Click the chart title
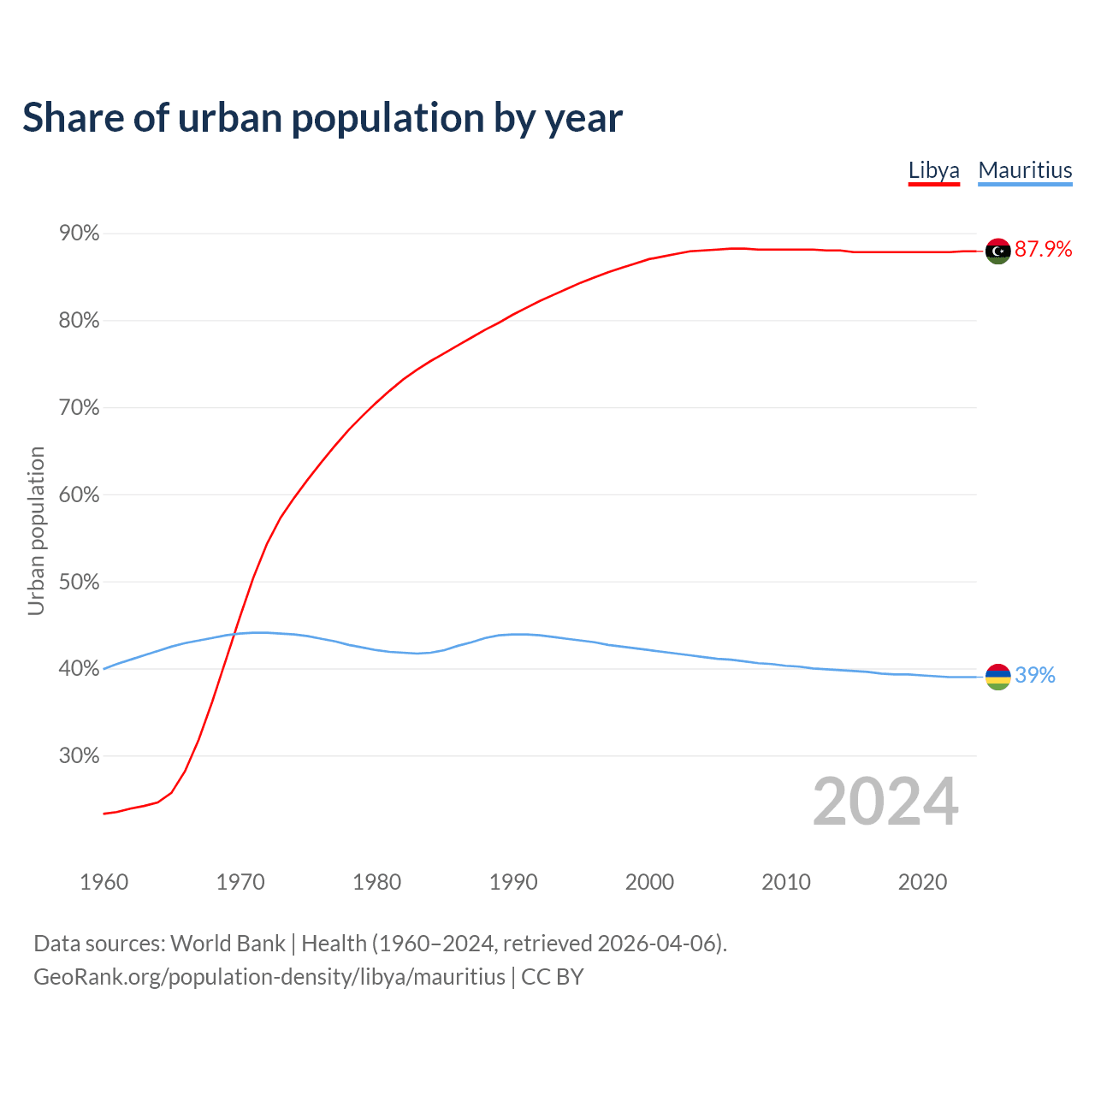(x=323, y=118)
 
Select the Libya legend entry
(x=933, y=170)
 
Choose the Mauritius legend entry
(x=1025, y=170)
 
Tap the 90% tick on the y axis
(x=79, y=234)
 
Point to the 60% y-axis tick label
(x=79, y=495)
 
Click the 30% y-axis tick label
(x=79, y=756)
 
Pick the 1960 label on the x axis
(x=104, y=882)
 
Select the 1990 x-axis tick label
(x=513, y=882)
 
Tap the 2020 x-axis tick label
(x=922, y=882)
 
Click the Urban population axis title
(x=36, y=530)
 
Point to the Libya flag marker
(x=997, y=251)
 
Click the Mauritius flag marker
(x=997, y=677)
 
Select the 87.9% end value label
(x=1043, y=249)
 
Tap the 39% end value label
(x=1035, y=675)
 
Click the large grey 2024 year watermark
(x=885, y=802)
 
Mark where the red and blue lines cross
(x=234, y=634)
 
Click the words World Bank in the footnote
(x=228, y=944)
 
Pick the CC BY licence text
(x=553, y=977)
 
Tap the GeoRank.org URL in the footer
(x=269, y=977)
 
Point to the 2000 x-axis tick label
(x=649, y=882)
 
